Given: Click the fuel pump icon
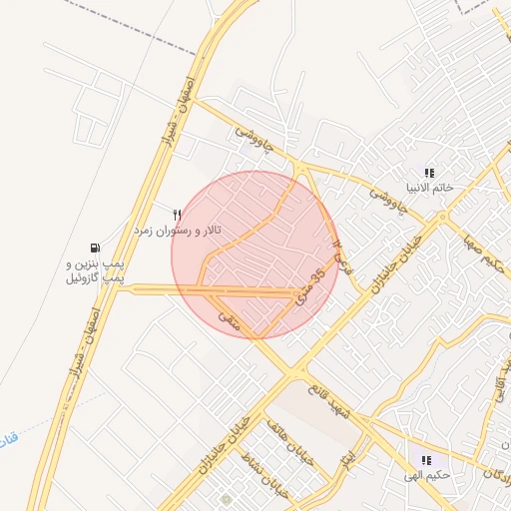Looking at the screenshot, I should coord(95,248).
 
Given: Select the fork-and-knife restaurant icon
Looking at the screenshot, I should coord(178,215).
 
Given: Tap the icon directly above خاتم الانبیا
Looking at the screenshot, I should coord(429,173).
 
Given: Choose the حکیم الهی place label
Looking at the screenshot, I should coord(426,476).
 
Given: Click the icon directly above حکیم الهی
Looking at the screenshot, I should coord(426,461).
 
